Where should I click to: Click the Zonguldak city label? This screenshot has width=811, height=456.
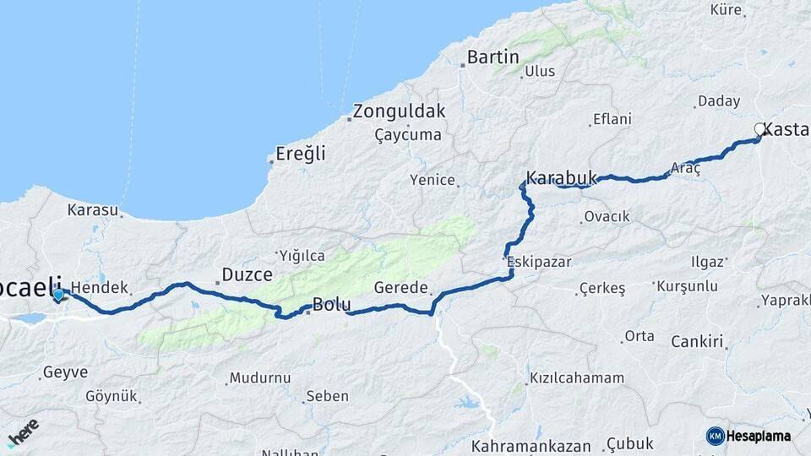click(x=399, y=111)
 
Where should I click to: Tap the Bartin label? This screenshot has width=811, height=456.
click(x=493, y=57)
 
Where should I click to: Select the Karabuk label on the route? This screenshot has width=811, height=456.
click(x=561, y=178)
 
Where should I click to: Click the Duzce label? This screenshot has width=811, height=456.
click(x=247, y=274)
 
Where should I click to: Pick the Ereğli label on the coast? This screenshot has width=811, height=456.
click(x=301, y=155)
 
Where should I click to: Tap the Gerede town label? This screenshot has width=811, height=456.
click(x=400, y=287)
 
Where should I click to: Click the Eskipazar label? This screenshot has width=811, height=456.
click(x=535, y=261)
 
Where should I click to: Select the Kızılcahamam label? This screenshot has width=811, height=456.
click(x=577, y=378)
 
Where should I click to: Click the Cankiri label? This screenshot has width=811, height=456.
click(x=698, y=342)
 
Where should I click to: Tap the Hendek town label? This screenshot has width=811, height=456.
click(x=98, y=287)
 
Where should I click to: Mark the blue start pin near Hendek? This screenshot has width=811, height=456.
click(x=58, y=295)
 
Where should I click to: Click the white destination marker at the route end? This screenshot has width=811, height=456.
click(x=759, y=129)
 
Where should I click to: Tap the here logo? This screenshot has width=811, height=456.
click(x=23, y=432)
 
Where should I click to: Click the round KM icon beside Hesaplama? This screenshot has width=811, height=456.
click(x=715, y=436)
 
